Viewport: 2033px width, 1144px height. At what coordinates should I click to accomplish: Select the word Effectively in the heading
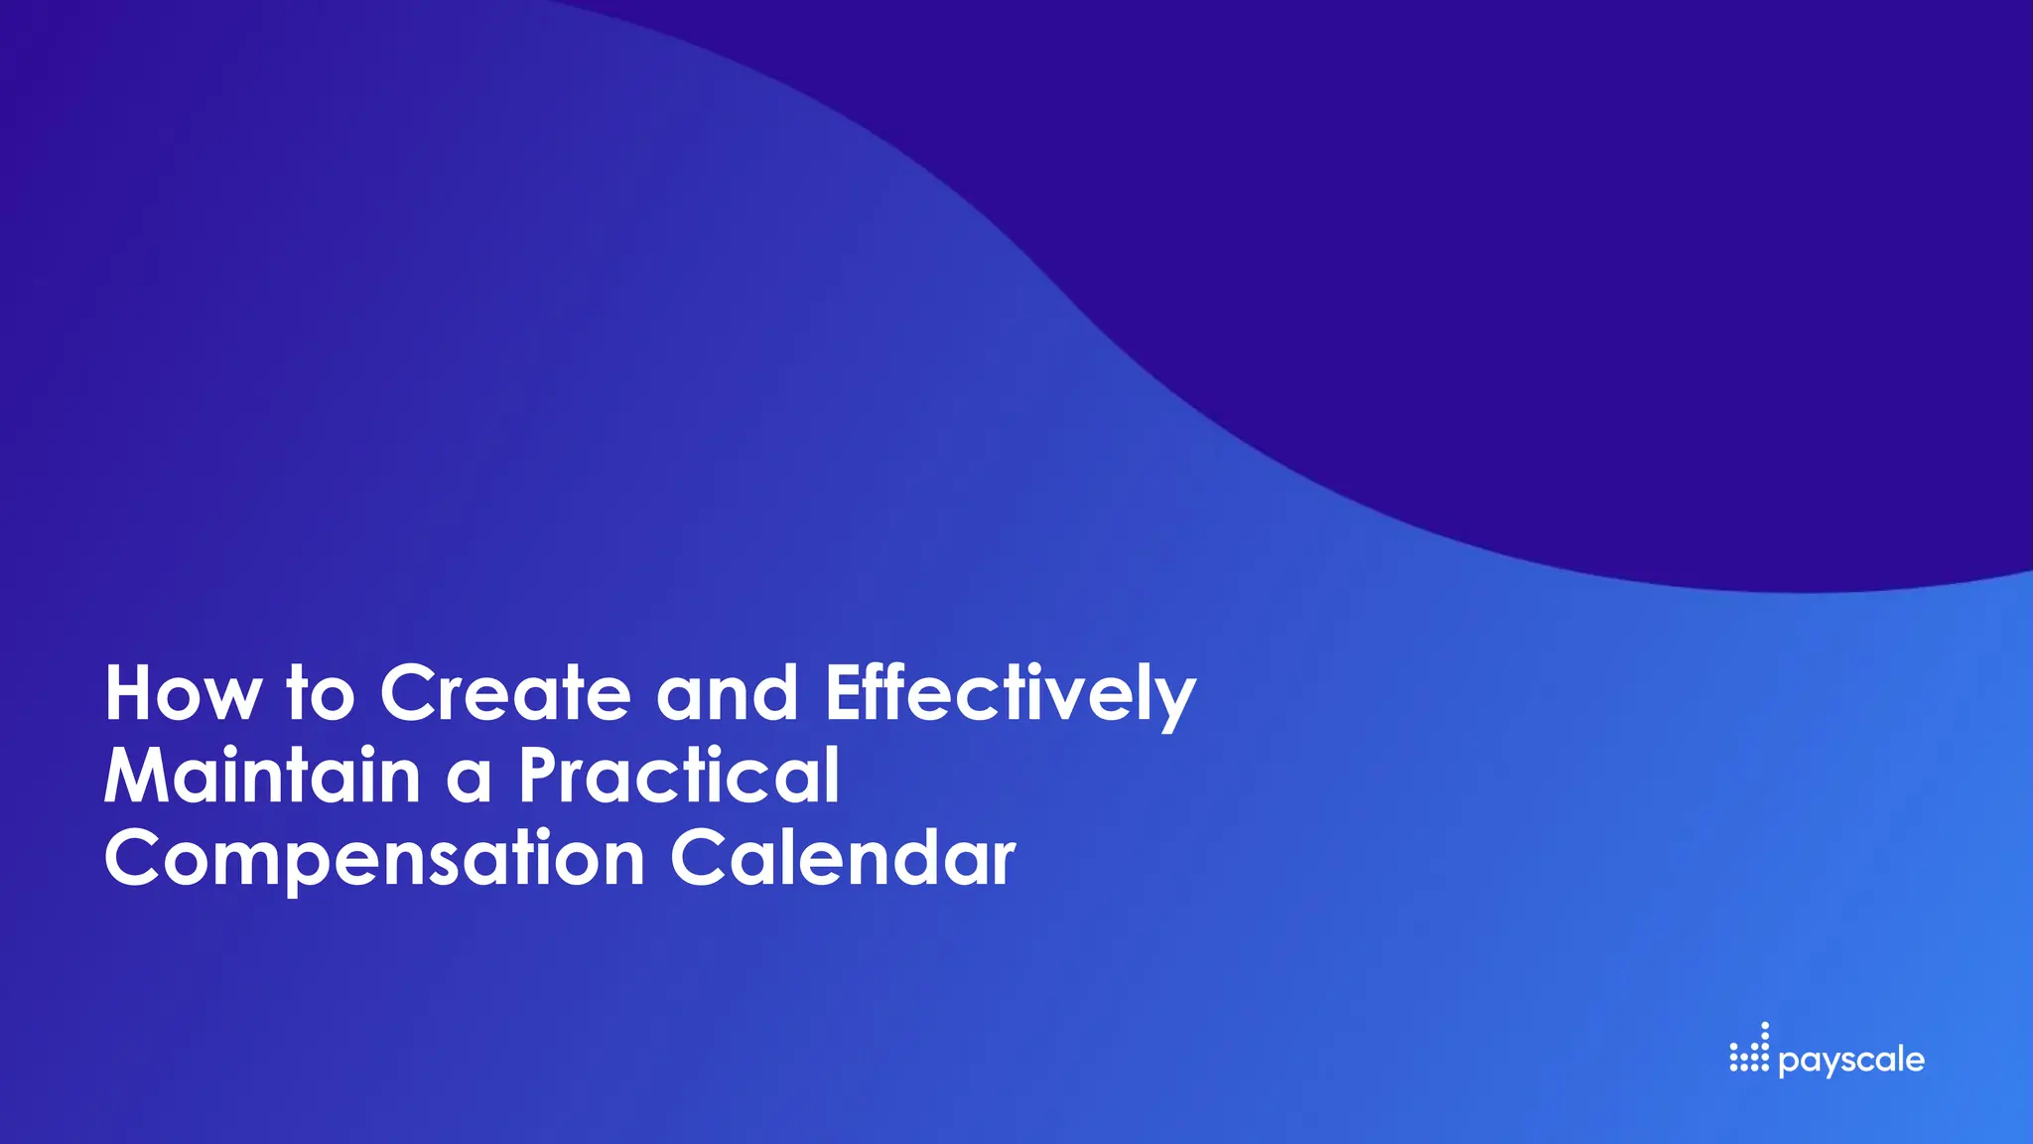[1010, 695]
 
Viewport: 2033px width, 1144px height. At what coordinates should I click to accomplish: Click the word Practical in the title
[679, 776]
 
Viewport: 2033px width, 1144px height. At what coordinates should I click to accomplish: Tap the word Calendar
[843, 858]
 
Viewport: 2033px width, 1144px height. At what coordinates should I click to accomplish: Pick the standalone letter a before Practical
[469, 781]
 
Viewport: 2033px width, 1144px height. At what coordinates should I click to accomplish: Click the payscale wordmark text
[1851, 1060]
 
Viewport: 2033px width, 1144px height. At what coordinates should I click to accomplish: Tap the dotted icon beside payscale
[1748, 1050]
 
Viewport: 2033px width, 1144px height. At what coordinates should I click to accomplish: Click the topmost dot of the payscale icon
[1764, 1026]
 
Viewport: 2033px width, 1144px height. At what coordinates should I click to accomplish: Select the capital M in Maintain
[138, 776]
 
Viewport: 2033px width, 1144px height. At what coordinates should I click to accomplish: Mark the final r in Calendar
[1004, 864]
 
